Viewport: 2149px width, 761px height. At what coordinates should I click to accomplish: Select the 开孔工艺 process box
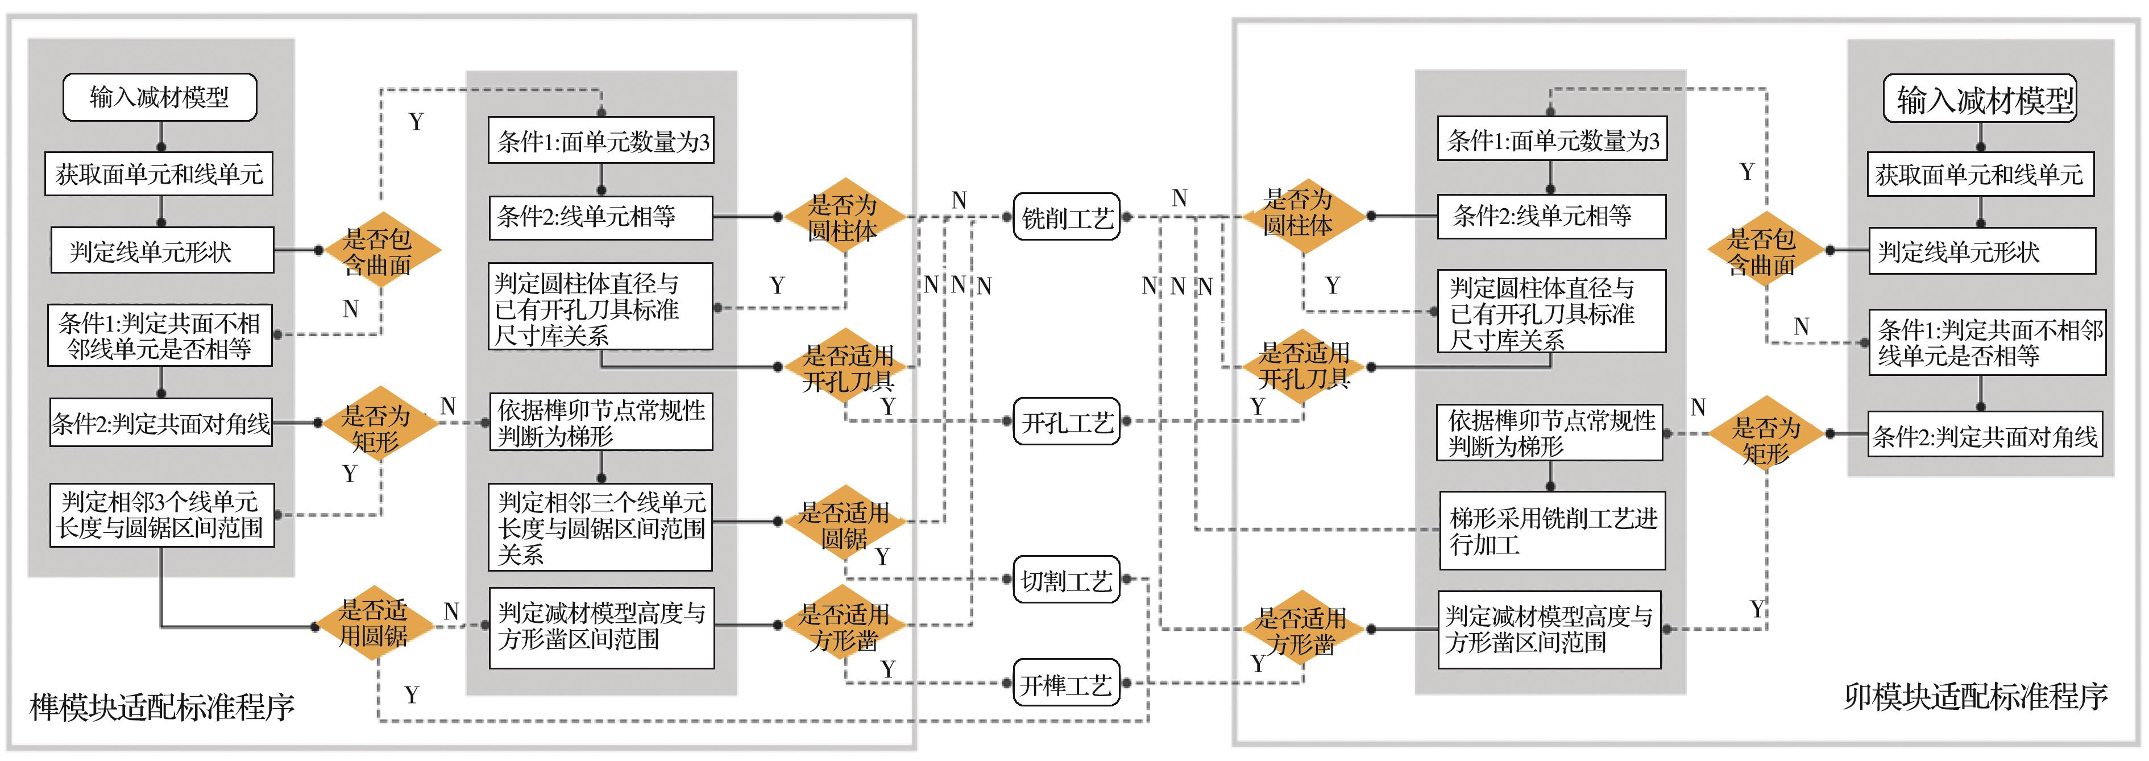(x=1066, y=422)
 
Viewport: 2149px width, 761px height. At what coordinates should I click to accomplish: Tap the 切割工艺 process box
(x=1066, y=580)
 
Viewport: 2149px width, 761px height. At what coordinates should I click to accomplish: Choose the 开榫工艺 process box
(x=1066, y=684)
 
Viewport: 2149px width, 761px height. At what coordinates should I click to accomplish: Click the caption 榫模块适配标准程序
(x=162, y=707)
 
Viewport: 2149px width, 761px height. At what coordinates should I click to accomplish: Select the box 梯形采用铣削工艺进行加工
(x=1551, y=531)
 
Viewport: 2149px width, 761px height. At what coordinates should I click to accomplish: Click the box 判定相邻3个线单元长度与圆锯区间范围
(x=161, y=515)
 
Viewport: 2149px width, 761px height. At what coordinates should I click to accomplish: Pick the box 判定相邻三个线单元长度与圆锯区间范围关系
(x=601, y=527)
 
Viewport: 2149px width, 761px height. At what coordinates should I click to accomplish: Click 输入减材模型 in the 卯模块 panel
(x=1980, y=100)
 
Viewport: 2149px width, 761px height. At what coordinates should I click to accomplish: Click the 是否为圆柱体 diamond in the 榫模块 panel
(x=843, y=217)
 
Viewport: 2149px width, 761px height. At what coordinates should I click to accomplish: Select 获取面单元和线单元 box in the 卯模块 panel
(x=1980, y=175)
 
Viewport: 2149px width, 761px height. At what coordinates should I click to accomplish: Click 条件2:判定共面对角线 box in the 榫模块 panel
(x=161, y=423)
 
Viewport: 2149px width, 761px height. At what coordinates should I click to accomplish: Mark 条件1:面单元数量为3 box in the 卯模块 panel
(x=1551, y=140)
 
